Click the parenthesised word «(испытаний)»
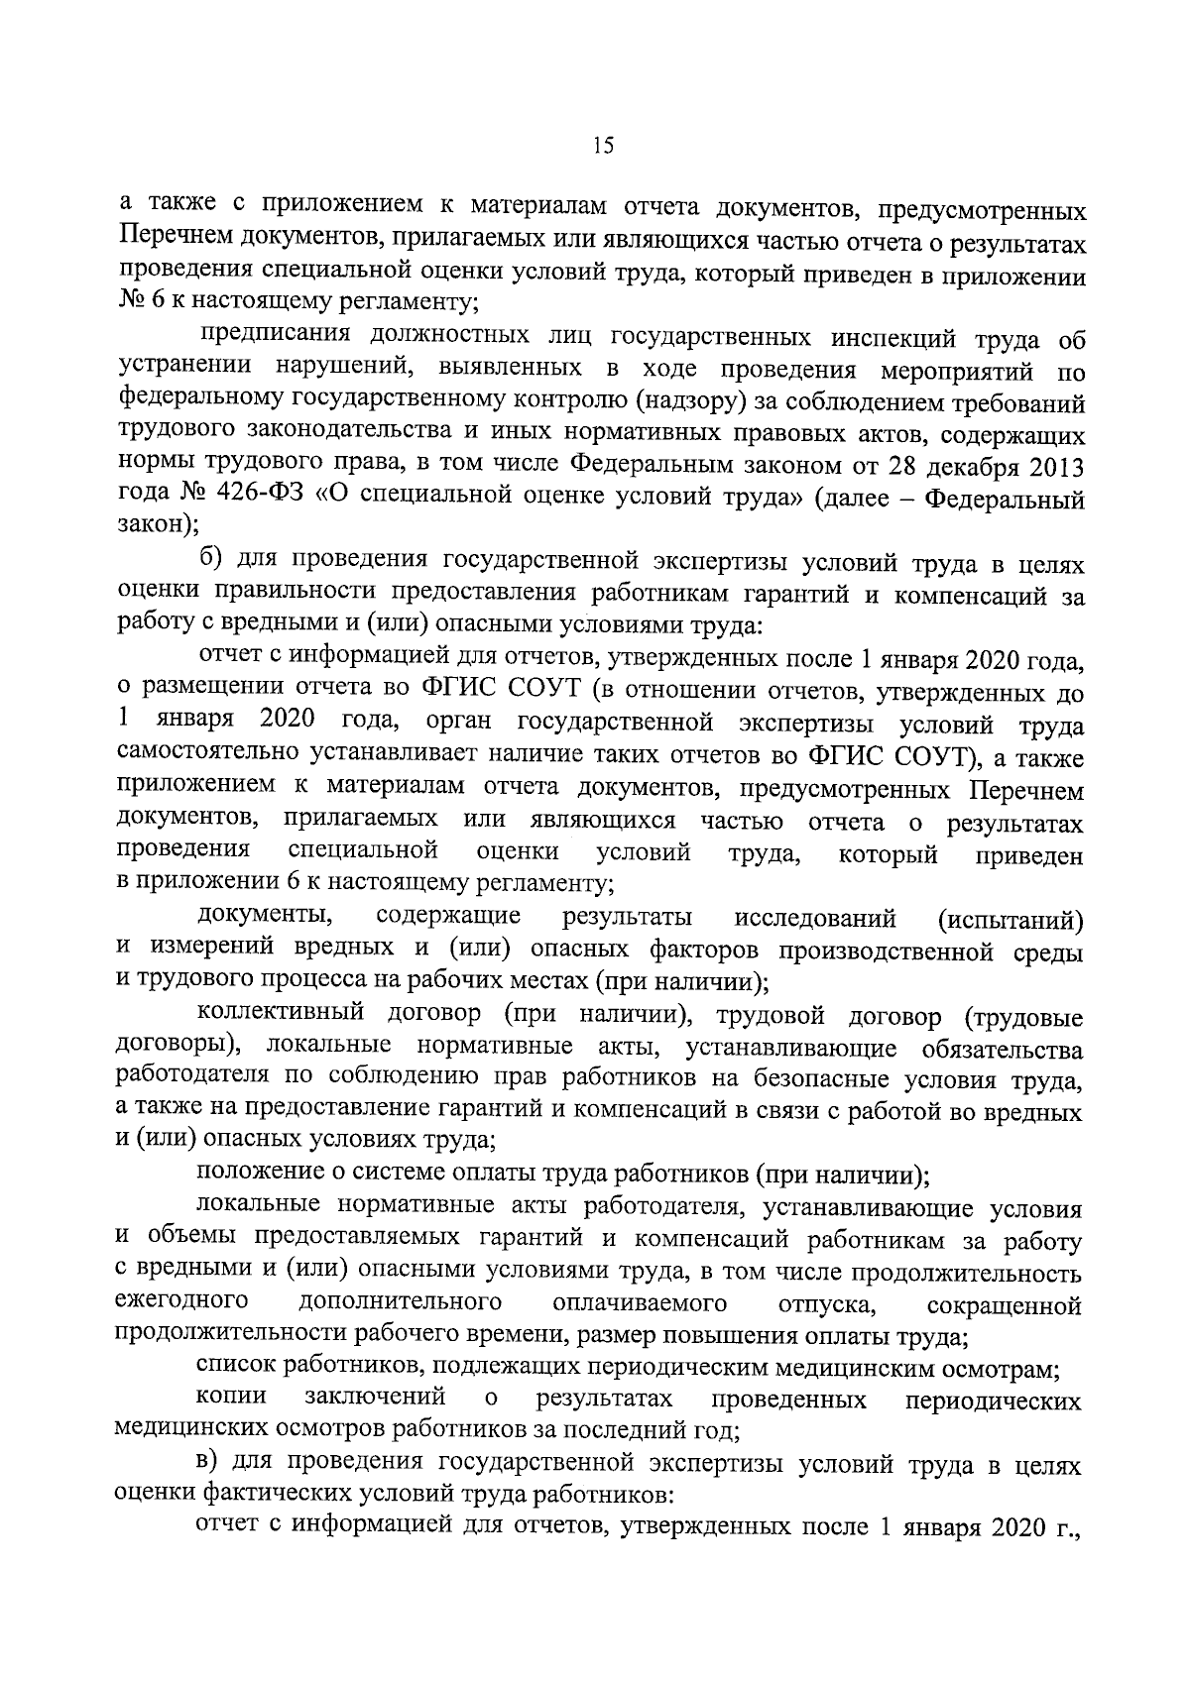(x=1011, y=920)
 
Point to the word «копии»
(x=231, y=1399)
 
